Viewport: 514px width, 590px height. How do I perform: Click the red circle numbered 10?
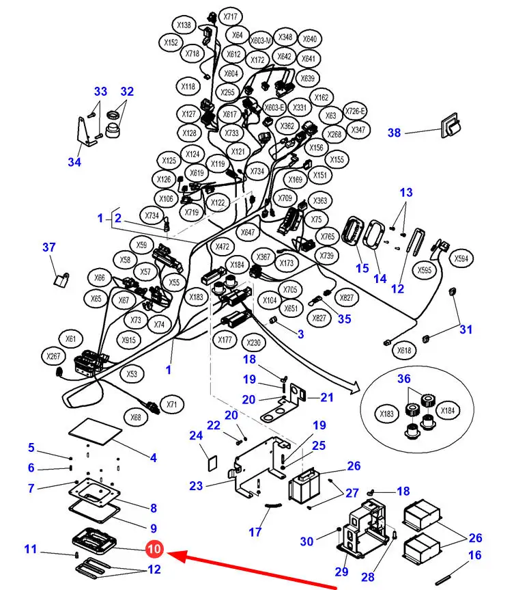coord(154,549)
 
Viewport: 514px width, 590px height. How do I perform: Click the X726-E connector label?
coord(355,111)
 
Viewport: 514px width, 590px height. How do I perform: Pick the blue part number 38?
coord(394,133)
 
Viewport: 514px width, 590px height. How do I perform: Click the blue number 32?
coord(127,91)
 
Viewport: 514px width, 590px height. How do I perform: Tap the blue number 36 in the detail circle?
coord(404,378)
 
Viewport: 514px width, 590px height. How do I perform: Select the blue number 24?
coord(196,435)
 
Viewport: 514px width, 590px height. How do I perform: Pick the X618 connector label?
coord(405,351)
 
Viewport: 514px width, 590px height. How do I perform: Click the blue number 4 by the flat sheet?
coord(154,457)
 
